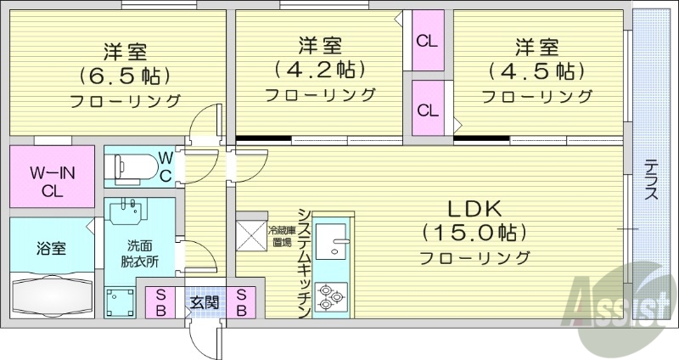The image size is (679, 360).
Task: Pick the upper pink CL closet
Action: pyautogui.click(x=427, y=41)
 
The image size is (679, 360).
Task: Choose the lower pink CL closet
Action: pyautogui.click(x=427, y=110)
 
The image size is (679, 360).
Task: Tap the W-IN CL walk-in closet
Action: pyautogui.click(x=52, y=181)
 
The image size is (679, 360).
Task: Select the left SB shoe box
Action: pyautogui.click(x=160, y=302)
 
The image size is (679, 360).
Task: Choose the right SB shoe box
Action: pyautogui.click(x=241, y=302)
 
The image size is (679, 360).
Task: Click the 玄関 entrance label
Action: pyautogui.click(x=200, y=302)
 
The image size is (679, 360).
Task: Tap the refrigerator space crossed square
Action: pyautogui.click(x=252, y=234)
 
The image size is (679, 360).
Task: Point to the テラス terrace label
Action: pyautogui.click(x=652, y=180)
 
